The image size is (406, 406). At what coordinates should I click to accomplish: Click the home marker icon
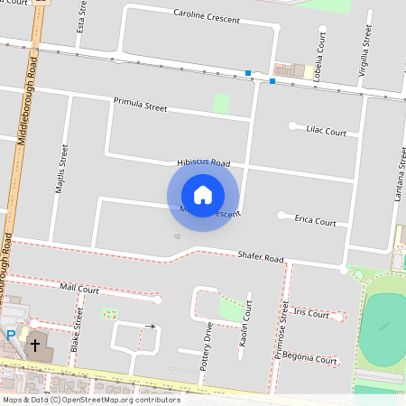(x=203, y=195)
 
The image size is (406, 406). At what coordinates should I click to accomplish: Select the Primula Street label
(x=141, y=106)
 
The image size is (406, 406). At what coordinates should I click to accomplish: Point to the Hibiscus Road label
(x=203, y=162)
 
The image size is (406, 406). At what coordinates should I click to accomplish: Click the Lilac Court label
(x=326, y=132)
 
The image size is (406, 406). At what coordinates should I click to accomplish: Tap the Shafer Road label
(x=261, y=257)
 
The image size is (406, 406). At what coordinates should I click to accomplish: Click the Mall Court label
(x=79, y=289)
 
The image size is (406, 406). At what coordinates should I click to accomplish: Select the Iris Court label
(x=311, y=314)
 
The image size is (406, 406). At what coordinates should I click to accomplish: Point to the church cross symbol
(x=36, y=345)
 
